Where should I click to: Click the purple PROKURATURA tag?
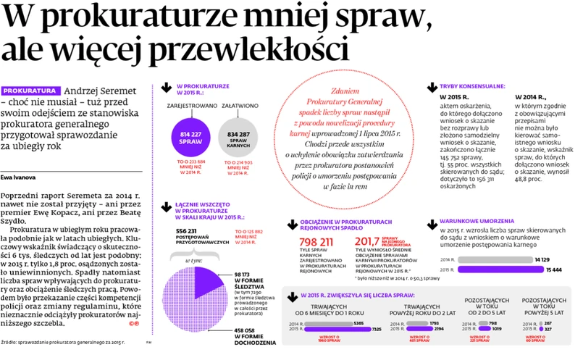(x=30, y=92)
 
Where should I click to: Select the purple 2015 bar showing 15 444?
(x=500, y=269)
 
